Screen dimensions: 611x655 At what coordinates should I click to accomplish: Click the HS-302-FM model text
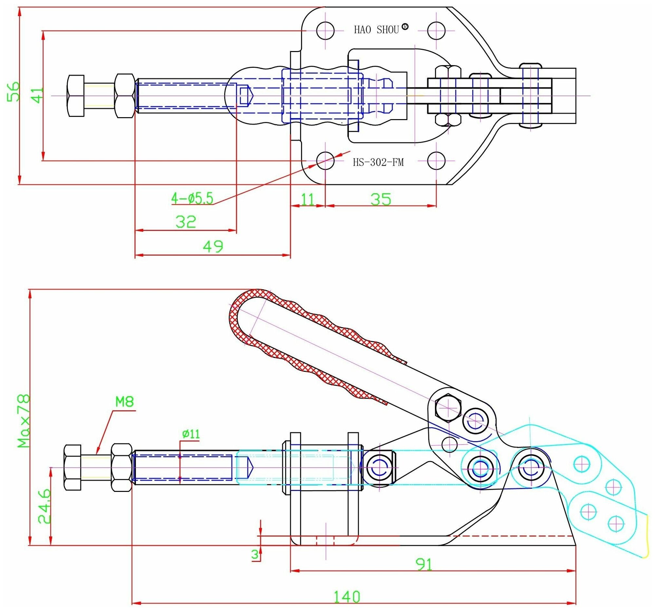point(378,162)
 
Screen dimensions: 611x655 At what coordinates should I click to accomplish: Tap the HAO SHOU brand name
point(376,30)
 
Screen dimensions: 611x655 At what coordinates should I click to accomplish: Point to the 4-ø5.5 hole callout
point(192,199)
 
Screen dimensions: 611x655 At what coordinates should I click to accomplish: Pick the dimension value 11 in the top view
point(308,199)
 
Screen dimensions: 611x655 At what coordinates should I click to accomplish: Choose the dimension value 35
point(381,200)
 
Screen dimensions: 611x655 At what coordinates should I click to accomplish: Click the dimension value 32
point(186,222)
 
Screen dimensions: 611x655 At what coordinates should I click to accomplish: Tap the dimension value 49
point(213,246)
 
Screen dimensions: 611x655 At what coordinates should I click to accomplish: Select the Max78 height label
point(24,422)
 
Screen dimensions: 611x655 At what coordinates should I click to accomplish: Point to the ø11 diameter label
point(191,434)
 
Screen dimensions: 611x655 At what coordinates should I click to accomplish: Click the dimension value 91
point(424,565)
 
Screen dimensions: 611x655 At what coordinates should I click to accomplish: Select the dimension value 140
point(347,597)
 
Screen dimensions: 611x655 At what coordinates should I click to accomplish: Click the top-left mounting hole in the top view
point(325,31)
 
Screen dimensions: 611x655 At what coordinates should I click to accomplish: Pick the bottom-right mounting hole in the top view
point(436,161)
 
